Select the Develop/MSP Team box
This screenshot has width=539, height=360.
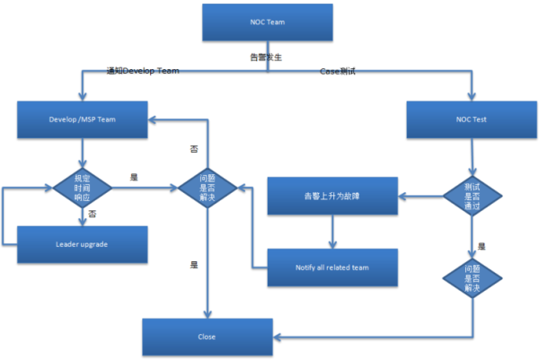tap(83, 119)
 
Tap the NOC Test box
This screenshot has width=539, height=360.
tap(472, 119)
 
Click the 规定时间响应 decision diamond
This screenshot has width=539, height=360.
tap(83, 189)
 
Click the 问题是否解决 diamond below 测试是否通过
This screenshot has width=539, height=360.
tap(472, 285)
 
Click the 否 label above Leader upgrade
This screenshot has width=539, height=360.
tap(93, 214)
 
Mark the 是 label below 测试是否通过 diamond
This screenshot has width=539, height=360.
tap(482, 245)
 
